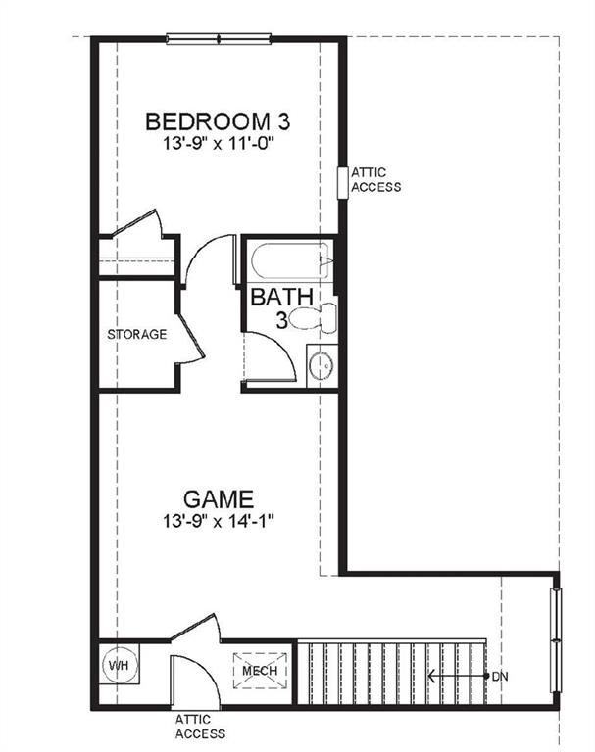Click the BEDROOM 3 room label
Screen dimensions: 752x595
pyautogui.click(x=218, y=122)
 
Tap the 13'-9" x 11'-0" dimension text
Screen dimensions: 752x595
pyautogui.click(x=218, y=144)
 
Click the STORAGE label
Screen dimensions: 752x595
pyautogui.click(x=136, y=335)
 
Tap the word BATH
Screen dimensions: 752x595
pyautogui.click(x=281, y=297)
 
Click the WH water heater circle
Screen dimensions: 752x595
pyautogui.click(x=119, y=666)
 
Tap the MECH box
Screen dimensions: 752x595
pyautogui.click(x=261, y=671)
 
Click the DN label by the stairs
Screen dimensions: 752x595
pyautogui.click(x=499, y=676)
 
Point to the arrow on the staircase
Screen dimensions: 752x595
pyautogui.click(x=457, y=676)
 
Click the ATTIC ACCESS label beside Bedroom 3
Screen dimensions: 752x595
pyautogui.click(x=375, y=180)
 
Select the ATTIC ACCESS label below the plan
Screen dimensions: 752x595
pyautogui.click(x=200, y=726)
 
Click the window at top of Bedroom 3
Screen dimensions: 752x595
pyautogui.click(x=218, y=39)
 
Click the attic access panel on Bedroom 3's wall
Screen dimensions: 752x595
pyautogui.click(x=343, y=182)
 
